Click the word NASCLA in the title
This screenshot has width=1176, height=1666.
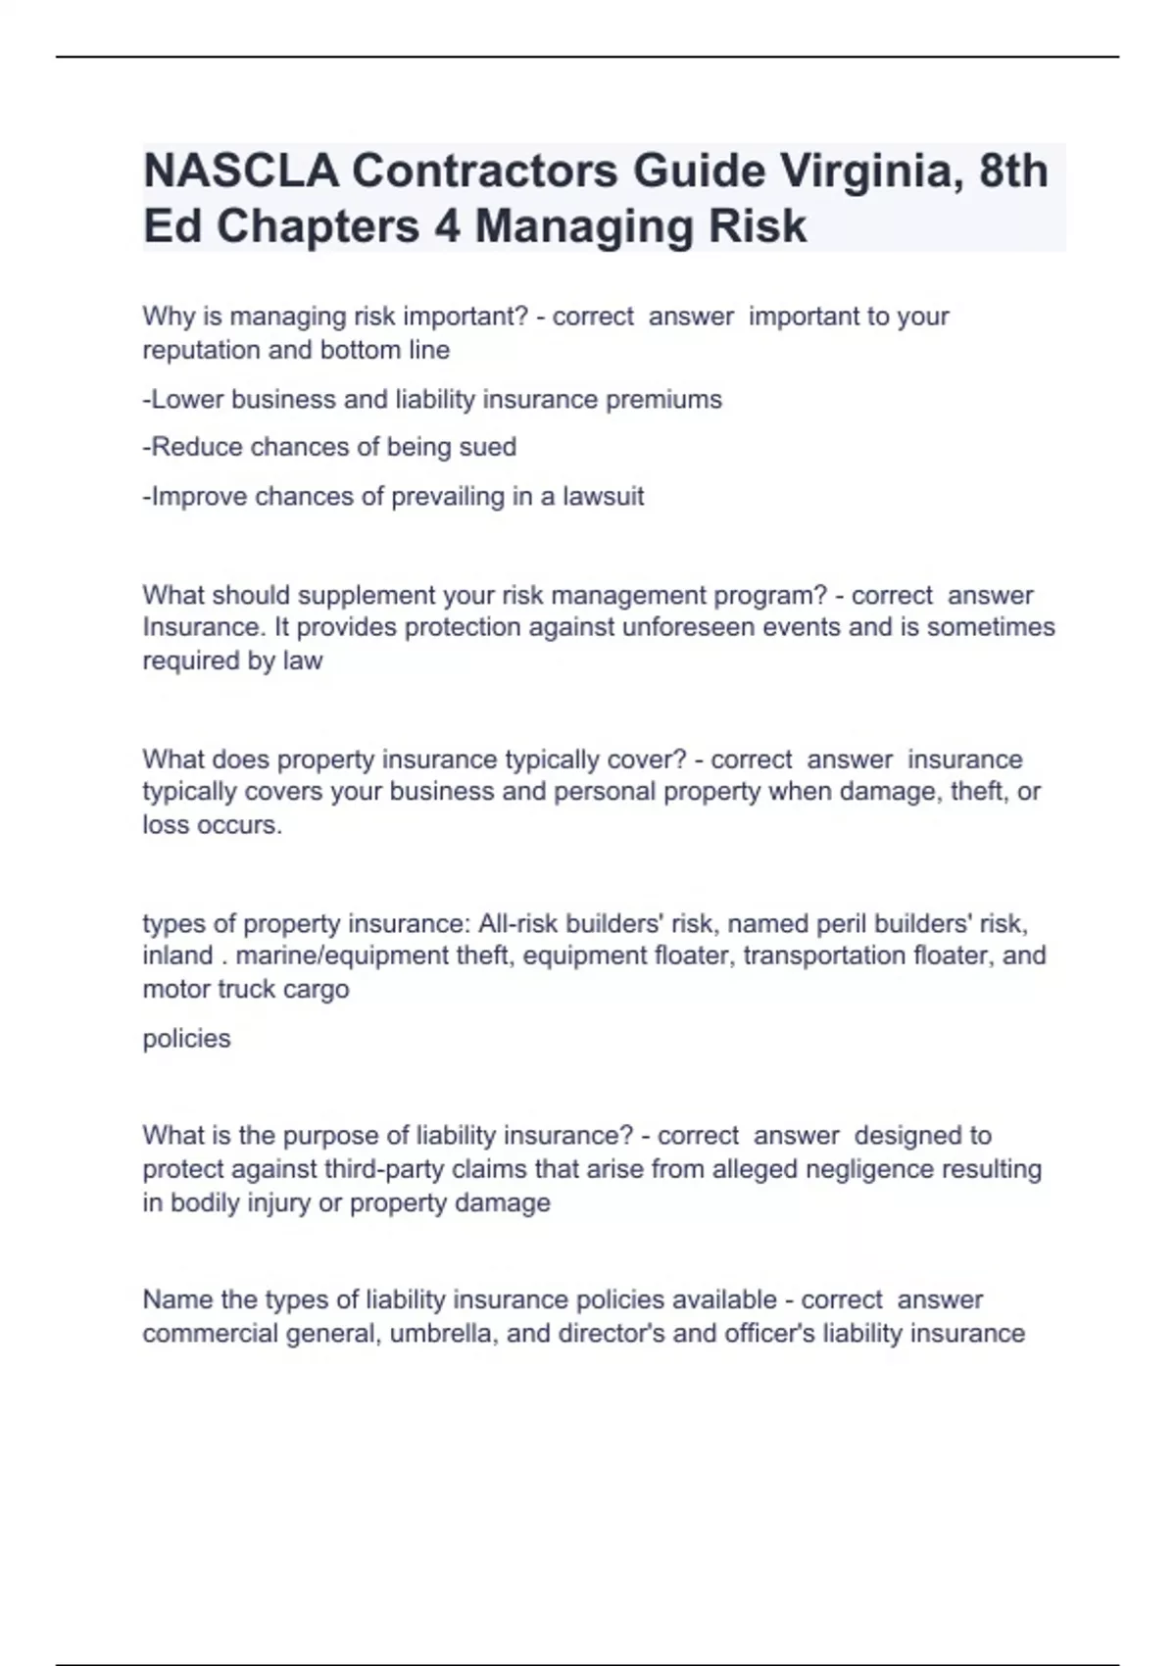tap(241, 171)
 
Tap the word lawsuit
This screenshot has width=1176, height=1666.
tap(603, 496)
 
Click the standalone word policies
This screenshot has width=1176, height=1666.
tap(186, 1038)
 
